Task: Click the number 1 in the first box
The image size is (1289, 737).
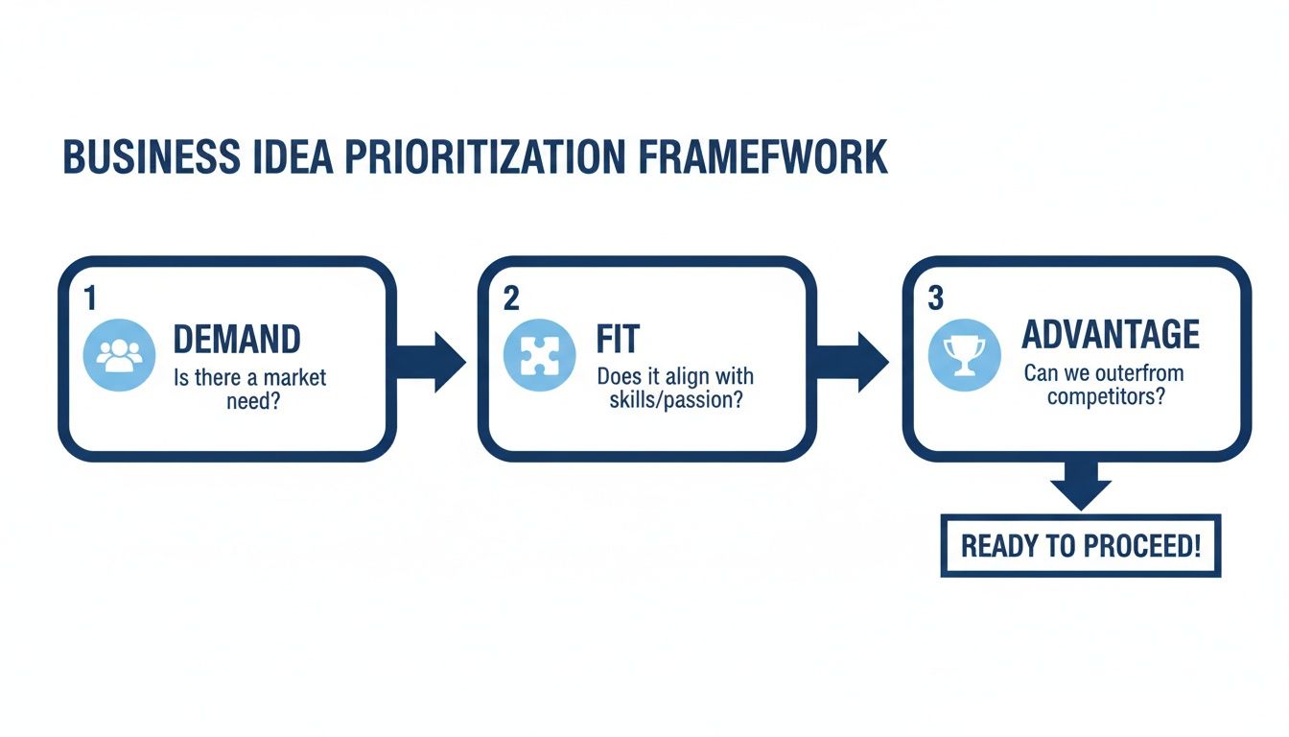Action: (90, 298)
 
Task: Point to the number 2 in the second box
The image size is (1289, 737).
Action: (511, 298)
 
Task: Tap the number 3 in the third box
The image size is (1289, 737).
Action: (936, 298)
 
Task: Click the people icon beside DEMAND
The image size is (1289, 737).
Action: (119, 355)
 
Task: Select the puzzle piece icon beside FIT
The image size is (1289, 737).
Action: (539, 355)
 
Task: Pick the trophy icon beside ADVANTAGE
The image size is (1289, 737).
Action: (963, 354)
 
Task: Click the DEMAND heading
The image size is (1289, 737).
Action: (237, 340)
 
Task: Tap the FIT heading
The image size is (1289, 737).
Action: (618, 340)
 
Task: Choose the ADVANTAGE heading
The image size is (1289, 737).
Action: (1111, 335)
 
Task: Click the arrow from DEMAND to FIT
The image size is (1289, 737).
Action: (434, 361)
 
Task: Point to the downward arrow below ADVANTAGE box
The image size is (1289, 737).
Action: (1080, 484)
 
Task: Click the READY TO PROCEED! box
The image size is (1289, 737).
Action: (1080, 546)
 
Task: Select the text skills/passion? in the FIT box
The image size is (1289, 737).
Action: (676, 400)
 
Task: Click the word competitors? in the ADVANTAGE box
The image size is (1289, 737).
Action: (1106, 395)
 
